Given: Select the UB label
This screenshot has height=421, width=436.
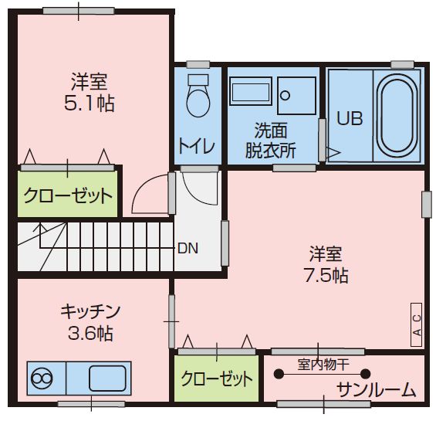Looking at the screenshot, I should tap(349, 120).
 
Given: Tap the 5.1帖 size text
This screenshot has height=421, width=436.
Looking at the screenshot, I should tap(89, 104).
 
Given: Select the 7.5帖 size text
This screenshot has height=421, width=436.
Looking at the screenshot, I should tap(326, 275).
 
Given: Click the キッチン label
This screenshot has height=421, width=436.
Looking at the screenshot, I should tap(90, 311).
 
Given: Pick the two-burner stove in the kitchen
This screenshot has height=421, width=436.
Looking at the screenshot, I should tap(42, 379).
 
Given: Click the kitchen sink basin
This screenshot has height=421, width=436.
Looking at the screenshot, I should tap(106, 379).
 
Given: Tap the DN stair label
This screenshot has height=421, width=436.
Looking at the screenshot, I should tap(188, 249).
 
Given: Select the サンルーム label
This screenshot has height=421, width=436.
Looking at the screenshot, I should tap(377, 389).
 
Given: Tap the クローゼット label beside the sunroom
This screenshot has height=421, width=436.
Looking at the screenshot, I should tap(217, 379).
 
